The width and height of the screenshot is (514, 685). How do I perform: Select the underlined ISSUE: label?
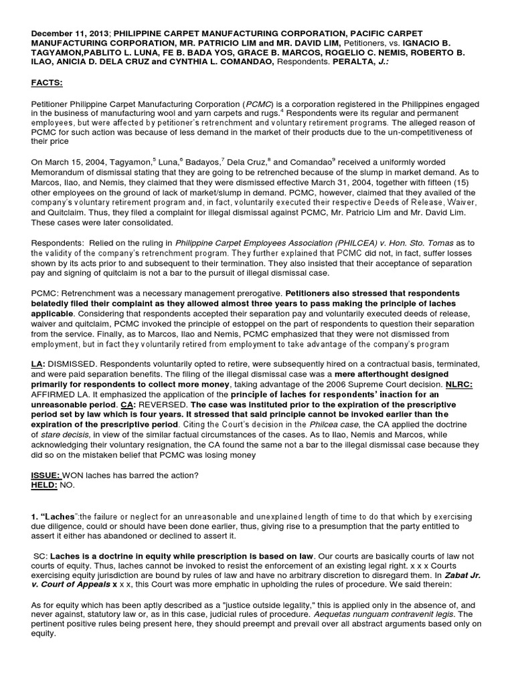point(46,476)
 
